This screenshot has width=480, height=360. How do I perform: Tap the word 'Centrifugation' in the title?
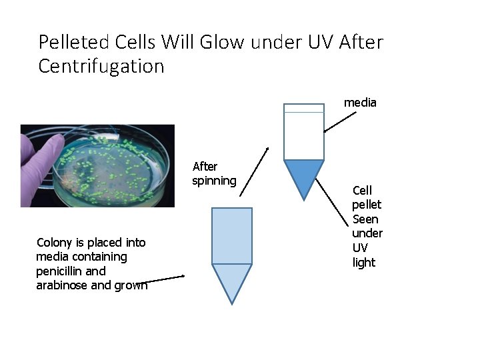point(101,67)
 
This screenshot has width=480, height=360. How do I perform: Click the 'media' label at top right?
point(360,103)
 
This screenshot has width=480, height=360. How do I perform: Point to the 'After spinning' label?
point(213,173)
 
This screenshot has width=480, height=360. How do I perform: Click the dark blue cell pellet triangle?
point(304,175)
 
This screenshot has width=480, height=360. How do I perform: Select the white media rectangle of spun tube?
point(304,136)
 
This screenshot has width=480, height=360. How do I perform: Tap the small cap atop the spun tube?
point(304,108)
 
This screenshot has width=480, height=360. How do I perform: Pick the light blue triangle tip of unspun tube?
point(232,280)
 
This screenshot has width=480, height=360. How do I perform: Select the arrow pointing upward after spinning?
point(255,171)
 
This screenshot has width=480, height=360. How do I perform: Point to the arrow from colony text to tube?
point(163,279)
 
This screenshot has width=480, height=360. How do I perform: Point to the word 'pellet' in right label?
point(367,205)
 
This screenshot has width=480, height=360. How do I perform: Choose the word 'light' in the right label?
point(364,263)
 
